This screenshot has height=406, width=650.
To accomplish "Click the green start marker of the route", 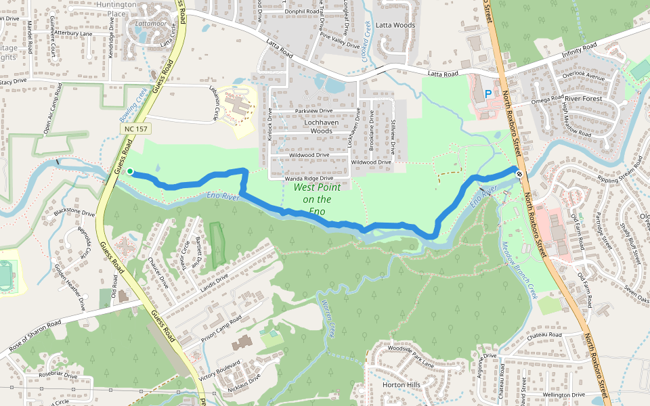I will pyautogui.click(x=130, y=171).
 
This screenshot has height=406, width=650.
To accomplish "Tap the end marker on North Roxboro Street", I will pyautogui.click(x=519, y=174).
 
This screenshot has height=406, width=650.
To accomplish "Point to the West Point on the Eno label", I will pyautogui.click(x=317, y=199).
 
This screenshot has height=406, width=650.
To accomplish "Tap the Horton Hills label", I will pyautogui.click(x=402, y=384).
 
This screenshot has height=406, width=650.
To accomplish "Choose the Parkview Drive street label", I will pyautogui.click(x=314, y=110).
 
